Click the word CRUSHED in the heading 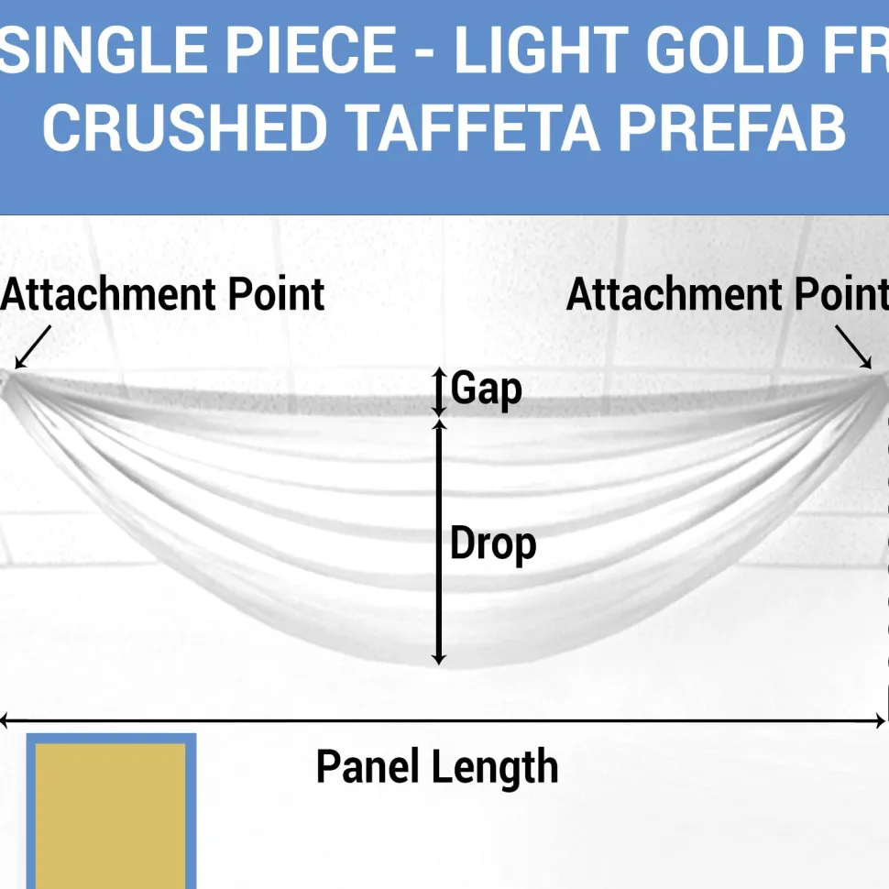point(185,127)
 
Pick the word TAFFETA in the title point(474,127)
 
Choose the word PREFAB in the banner point(732,127)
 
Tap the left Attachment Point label point(163,295)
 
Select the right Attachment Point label point(728,295)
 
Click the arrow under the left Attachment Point point(33,347)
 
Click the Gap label point(487,389)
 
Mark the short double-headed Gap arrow point(439,391)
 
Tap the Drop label point(493,544)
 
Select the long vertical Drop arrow point(439,542)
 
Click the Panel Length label point(437,767)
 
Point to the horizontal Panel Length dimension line point(443,721)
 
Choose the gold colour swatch point(111,812)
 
